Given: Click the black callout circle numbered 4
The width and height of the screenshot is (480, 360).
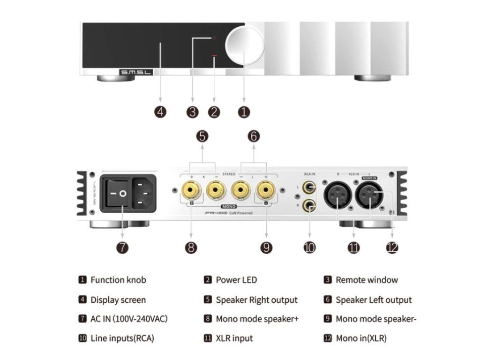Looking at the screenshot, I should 160,112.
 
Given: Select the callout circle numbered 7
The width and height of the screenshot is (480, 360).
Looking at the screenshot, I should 122,247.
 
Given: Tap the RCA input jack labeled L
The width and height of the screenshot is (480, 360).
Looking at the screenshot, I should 309,188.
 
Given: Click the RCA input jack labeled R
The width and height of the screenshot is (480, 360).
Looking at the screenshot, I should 309,205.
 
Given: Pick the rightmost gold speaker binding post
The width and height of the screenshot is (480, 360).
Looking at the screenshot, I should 266,191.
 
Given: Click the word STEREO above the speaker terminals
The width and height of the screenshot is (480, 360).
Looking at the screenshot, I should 228,173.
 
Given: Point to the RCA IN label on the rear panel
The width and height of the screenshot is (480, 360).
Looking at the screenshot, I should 309,173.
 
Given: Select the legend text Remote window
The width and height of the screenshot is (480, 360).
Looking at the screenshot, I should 367,280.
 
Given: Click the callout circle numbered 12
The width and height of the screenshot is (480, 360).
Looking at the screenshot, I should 392,247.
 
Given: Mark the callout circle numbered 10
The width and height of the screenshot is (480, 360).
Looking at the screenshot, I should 309,247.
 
